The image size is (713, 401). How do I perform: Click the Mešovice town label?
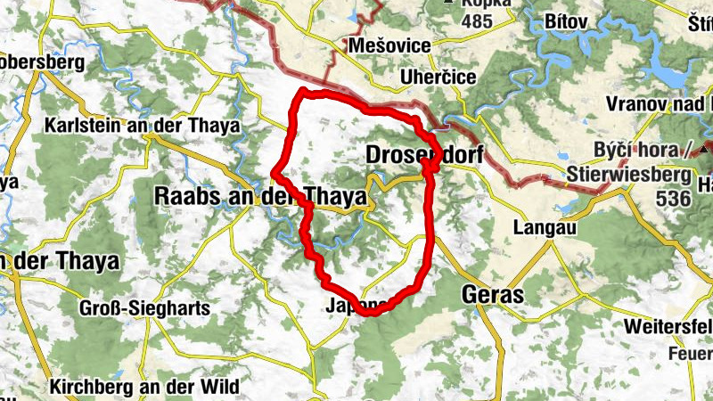tap(390, 45)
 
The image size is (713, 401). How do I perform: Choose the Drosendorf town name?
tap(424, 155)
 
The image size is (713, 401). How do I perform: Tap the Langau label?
tap(541, 228)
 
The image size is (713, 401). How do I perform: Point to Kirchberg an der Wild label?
tap(145, 388)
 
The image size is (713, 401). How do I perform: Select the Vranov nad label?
tap(660, 104)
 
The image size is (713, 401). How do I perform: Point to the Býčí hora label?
tap(640, 149)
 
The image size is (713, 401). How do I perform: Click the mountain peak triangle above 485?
tap(448, 3)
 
